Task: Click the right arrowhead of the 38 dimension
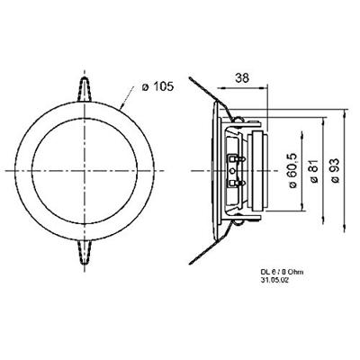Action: tap(266, 88)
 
